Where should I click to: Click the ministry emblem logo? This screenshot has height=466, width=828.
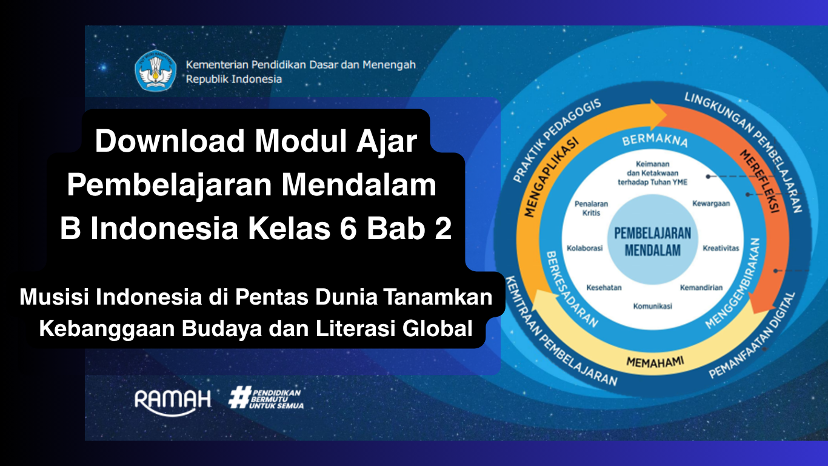156,70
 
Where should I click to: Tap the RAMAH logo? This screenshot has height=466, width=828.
173,402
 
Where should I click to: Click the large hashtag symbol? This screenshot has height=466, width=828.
239,397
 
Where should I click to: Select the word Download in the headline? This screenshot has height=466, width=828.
170,141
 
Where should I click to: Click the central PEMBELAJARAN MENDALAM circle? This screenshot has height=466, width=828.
652,240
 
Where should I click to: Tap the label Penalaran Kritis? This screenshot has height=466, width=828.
592,208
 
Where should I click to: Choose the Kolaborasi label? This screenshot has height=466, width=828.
585,248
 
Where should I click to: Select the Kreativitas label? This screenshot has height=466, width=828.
721,248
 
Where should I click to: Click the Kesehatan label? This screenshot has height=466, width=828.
604,288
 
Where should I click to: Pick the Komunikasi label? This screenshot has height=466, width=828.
652,306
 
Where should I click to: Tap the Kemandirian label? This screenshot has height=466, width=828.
701,288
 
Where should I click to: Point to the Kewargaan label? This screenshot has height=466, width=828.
711,204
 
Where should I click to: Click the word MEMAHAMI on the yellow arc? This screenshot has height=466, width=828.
655,362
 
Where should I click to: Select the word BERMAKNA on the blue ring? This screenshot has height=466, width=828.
655,141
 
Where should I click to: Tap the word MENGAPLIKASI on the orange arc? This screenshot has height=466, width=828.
551,177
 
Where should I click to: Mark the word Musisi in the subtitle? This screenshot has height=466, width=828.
54,297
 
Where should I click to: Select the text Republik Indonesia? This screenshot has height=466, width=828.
233,79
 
